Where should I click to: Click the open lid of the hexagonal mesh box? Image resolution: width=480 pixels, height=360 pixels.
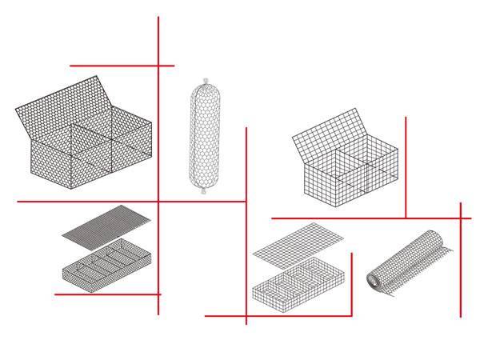point(64,100)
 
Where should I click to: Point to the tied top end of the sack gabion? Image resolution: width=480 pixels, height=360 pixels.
point(206,81)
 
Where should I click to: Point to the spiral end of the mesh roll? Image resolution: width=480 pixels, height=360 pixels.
point(374,280)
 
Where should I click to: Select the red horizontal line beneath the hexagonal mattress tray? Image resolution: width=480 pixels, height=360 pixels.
point(107,294)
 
